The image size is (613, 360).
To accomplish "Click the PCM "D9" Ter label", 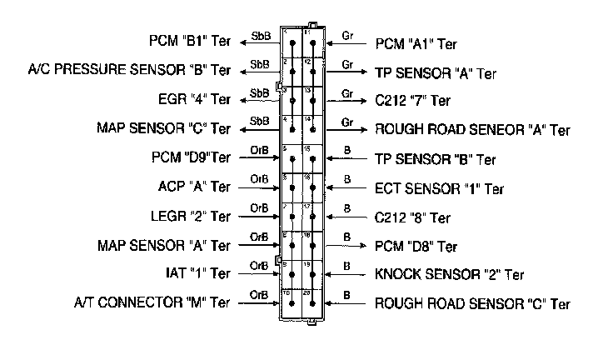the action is (x=187, y=157).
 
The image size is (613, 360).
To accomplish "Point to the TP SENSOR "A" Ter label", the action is (x=436, y=72).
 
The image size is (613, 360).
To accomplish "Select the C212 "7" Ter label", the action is (x=413, y=101).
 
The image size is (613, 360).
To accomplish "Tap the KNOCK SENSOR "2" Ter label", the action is (x=450, y=274).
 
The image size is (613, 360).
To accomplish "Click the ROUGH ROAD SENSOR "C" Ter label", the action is (x=472, y=303).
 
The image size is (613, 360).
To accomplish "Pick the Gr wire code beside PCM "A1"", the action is (x=347, y=35).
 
